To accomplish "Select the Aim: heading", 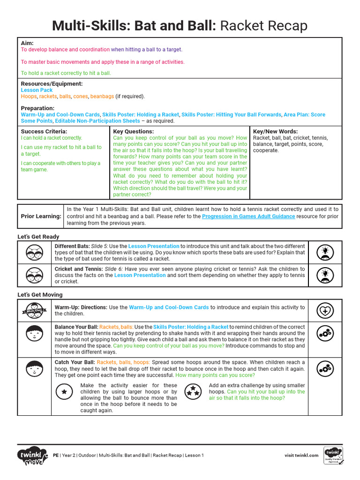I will [x=28, y=43].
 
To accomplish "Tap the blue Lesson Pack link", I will [x=37, y=90].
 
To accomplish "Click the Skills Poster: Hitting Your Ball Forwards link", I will [x=232, y=114].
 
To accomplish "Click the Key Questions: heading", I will [x=133, y=132].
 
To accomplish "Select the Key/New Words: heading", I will [x=275, y=132].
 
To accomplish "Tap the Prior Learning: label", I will [x=41, y=216].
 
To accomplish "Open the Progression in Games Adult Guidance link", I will [x=248, y=217].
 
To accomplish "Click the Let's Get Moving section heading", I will [x=40, y=295].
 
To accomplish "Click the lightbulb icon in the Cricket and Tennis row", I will [x=325, y=275].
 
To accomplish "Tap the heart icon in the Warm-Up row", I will [x=325, y=310].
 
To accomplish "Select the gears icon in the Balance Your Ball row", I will [x=325, y=333].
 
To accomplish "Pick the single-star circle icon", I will [x=64, y=391].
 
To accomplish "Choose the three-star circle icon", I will [x=192, y=391].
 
